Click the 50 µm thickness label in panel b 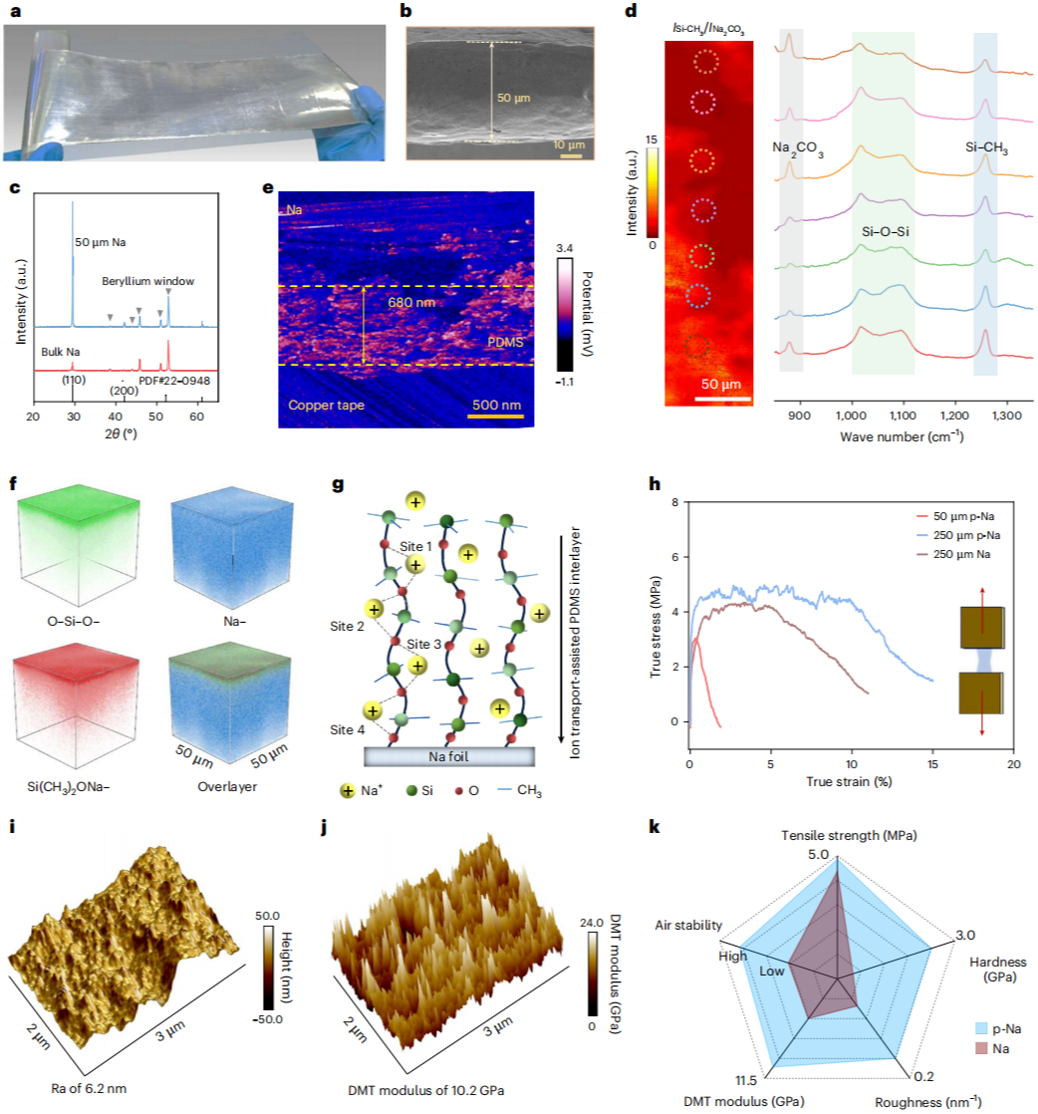(513, 98)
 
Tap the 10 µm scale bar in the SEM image (571, 155)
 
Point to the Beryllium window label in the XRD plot (147, 281)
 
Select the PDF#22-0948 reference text (174, 380)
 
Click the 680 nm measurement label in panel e (411, 303)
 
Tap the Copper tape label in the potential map (326, 405)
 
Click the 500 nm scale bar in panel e (496, 416)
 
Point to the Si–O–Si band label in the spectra (886, 231)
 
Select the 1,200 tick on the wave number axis (954, 416)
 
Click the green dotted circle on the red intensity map (701, 256)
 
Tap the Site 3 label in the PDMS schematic (423, 644)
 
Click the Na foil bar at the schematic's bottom (449, 756)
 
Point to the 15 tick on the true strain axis (932, 764)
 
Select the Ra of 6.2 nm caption (89, 1088)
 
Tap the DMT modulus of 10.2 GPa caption (426, 1090)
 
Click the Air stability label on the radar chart (688, 925)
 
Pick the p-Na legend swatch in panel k (982, 1028)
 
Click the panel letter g (338, 484)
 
